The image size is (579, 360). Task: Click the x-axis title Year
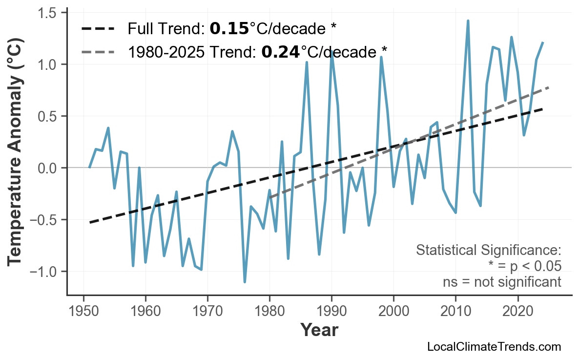coord(319,330)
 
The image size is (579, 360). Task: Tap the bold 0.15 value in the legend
coord(229,28)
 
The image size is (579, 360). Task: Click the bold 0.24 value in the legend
coord(281,51)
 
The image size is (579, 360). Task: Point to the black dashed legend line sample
coord(98,29)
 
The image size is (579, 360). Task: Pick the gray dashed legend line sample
coord(98,51)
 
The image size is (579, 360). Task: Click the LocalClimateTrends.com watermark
coord(494,347)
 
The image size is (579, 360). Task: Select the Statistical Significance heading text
coord(488,251)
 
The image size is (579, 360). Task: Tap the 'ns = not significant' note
coord(502,282)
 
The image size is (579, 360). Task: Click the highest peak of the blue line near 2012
coord(468,21)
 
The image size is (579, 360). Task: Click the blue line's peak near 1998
coord(381,57)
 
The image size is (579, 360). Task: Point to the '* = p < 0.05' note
coord(524,266)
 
